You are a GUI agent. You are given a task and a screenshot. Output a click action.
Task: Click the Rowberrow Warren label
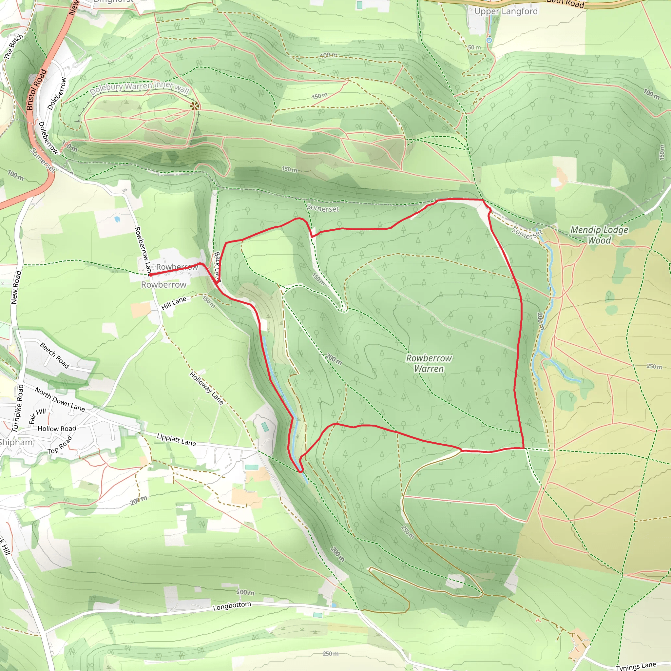[429, 363]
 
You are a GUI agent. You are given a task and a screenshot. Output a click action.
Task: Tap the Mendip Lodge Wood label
[599, 235]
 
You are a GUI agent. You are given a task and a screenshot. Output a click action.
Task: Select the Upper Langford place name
[506, 11]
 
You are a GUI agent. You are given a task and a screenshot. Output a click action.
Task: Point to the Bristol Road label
[36, 89]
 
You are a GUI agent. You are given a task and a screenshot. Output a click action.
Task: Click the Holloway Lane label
[206, 388]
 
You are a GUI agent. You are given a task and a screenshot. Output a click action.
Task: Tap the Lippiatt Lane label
[176, 440]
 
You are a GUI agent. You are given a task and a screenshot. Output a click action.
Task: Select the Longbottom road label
[232, 606]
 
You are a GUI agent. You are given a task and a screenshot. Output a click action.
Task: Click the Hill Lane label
[174, 303]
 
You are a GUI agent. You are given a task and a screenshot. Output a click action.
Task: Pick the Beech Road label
[54, 355]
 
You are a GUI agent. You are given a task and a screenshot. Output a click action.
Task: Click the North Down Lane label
[60, 399]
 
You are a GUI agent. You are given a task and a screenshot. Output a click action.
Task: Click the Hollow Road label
[57, 429]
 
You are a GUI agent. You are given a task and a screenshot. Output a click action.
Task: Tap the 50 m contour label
[474, 47]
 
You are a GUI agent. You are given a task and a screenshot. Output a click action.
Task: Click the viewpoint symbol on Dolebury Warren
[195, 106]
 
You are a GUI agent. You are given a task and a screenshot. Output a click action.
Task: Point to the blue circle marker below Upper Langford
[489, 40]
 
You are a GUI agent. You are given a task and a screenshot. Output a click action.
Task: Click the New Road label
[16, 287]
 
